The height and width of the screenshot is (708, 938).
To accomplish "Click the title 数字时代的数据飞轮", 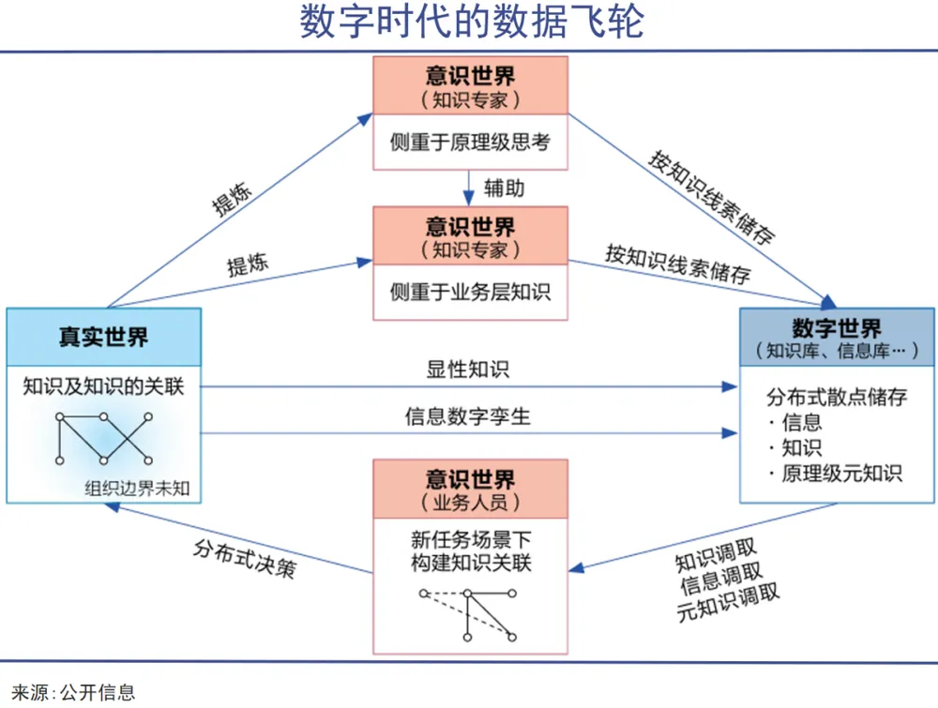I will (x=469, y=23).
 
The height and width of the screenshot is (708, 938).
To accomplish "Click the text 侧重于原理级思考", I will (x=470, y=143).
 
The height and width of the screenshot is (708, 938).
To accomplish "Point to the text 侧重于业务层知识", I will (x=470, y=292).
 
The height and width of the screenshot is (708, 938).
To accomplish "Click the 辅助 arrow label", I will (x=504, y=188).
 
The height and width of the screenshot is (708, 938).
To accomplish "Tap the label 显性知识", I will (x=468, y=369).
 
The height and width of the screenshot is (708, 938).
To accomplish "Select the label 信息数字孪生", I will (x=468, y=415).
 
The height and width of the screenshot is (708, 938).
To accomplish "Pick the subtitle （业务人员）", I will (x=470, y=504).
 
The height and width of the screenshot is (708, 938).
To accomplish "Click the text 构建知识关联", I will (x=470, y=562).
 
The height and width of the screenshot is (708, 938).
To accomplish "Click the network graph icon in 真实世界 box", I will (x=103, y=438).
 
